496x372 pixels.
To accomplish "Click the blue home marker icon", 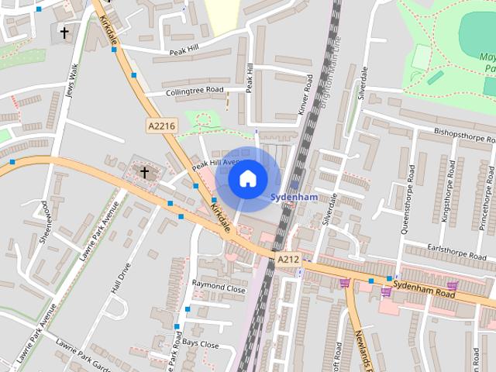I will click(x=247, y=179).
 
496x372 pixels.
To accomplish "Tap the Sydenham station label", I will click(x=294, y=198).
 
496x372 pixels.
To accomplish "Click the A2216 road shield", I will click(x=161, y=124).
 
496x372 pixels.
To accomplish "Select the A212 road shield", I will click(x=288, y=260).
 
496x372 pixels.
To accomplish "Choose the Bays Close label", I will click(x=201, y=343).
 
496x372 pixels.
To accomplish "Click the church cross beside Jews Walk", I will click(x=64, y=33).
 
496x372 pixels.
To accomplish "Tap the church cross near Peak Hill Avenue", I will click(x=143, y=170).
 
